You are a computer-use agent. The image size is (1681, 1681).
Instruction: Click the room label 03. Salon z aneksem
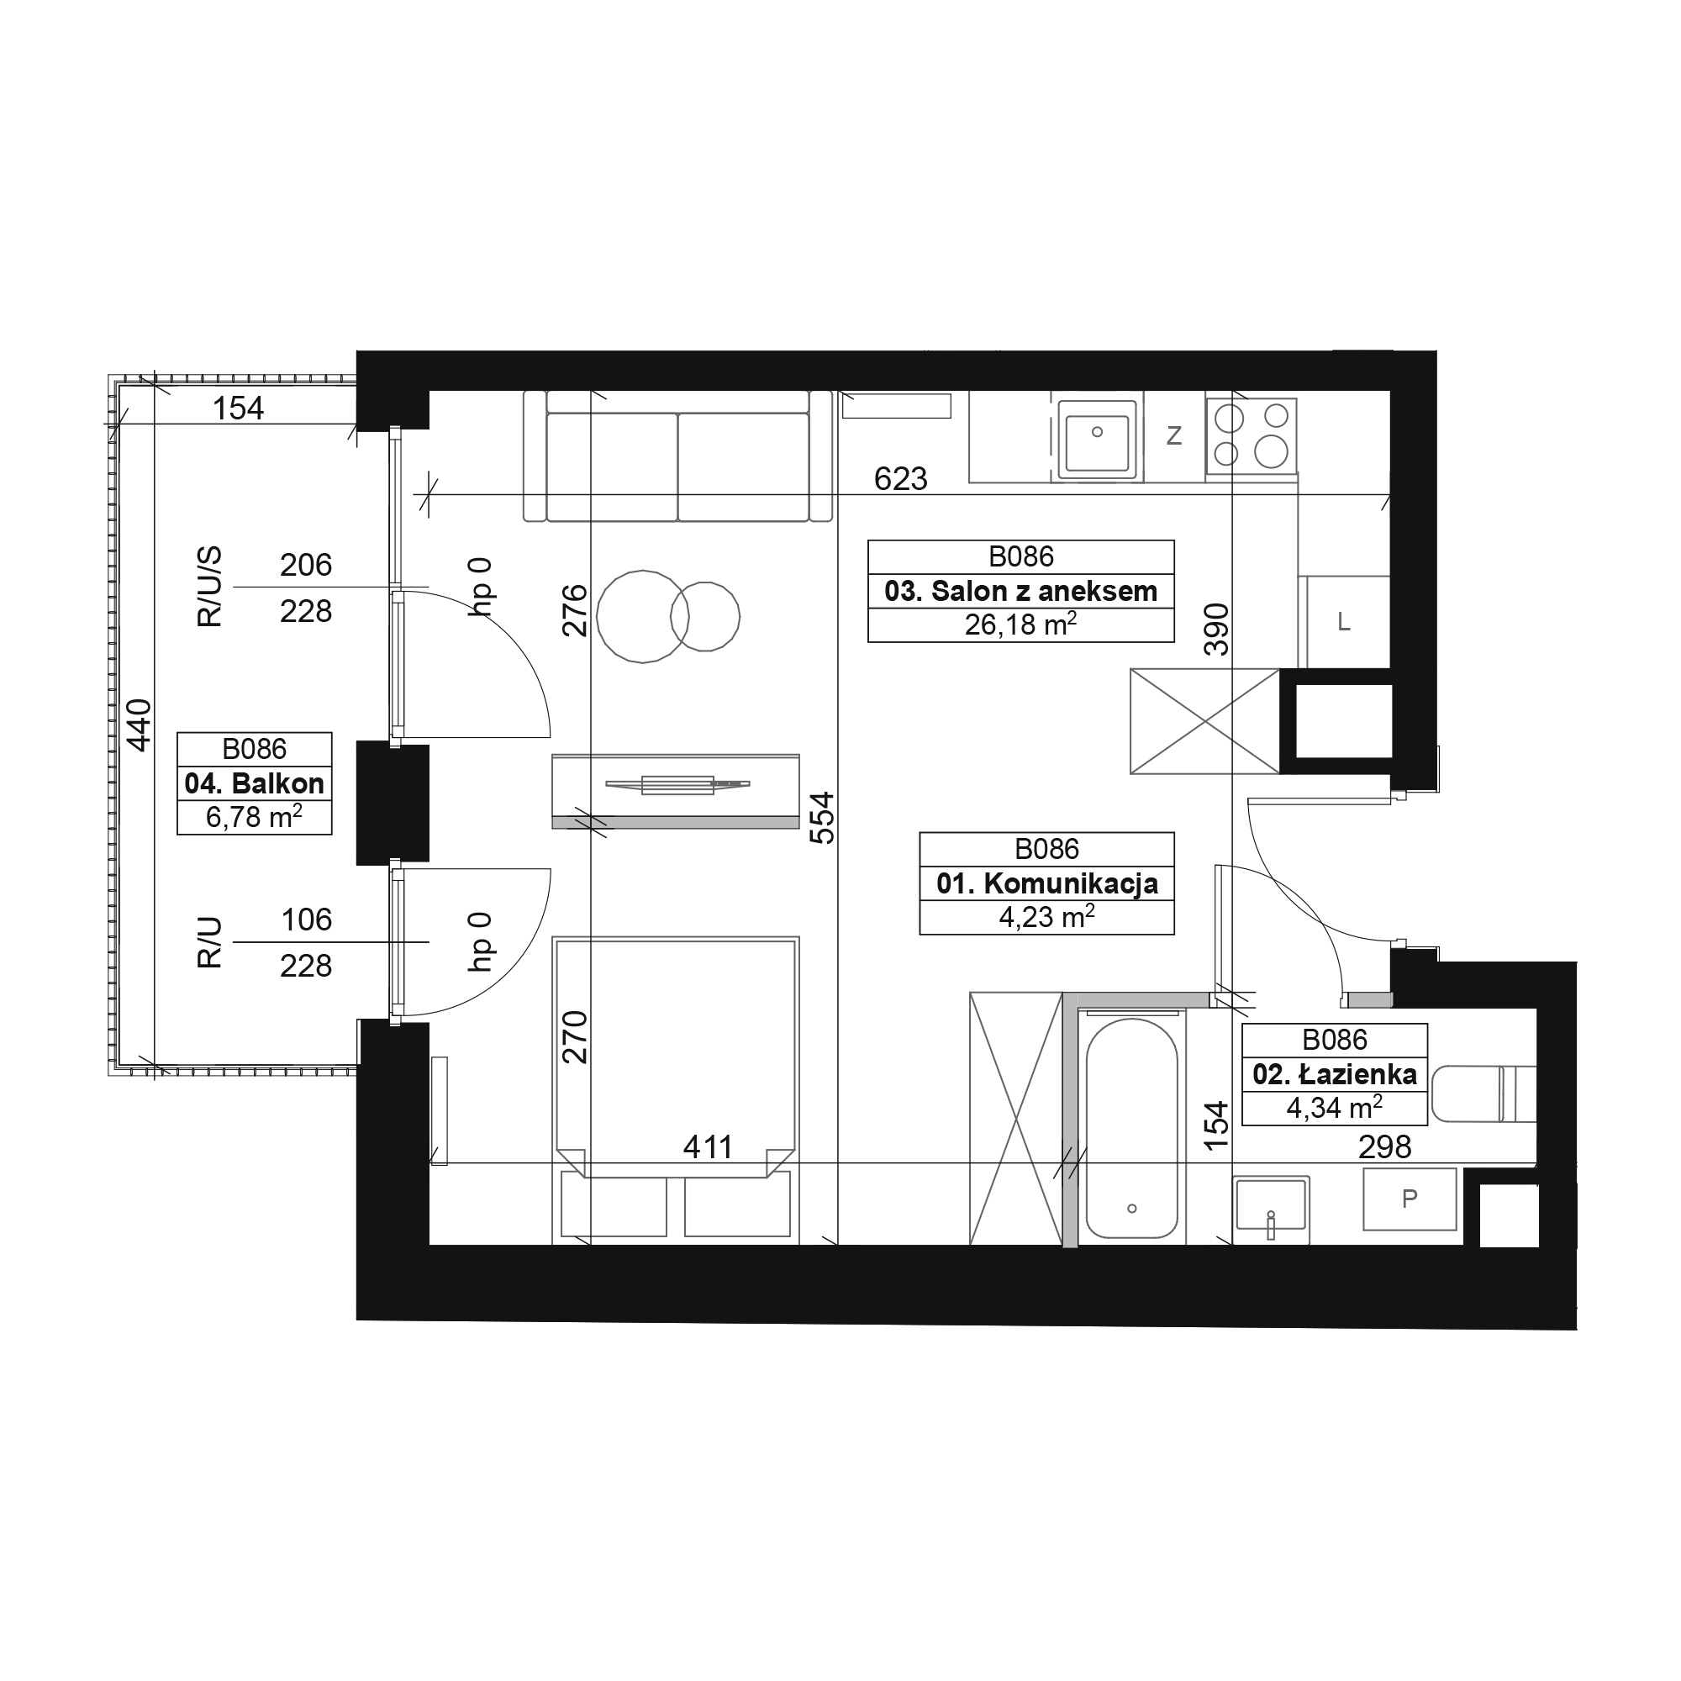[1020, 592]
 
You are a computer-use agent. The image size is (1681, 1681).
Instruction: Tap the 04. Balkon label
[254, 784]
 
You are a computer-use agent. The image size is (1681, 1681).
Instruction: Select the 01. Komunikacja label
[1046, 884]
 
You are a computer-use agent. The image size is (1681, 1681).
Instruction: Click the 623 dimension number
[900, 478]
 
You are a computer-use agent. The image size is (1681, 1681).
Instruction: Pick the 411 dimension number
[708, 1147]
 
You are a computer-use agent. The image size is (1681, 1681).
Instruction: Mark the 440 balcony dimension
[140, 725]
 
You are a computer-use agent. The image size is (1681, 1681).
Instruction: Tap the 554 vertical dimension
[822, 818]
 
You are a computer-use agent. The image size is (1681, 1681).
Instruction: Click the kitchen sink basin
[1097, 440]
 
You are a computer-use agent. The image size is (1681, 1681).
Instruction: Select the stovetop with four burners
[1252, 436]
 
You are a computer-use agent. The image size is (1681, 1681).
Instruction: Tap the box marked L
[1344, 622]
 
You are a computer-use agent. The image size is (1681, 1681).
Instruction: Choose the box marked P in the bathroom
[1410, 1199]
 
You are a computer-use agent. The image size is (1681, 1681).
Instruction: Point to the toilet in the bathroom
[1483, 1093]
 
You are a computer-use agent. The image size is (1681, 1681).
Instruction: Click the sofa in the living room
[677, 456]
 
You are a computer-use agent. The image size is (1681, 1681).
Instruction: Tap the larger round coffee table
[642, 617]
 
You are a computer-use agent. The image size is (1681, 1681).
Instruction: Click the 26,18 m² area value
[1020, 624]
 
